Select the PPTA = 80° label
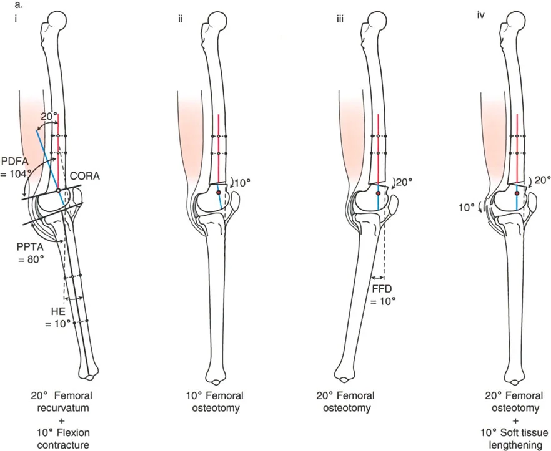30,251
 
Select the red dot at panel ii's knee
219,193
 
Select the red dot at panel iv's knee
517,195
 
